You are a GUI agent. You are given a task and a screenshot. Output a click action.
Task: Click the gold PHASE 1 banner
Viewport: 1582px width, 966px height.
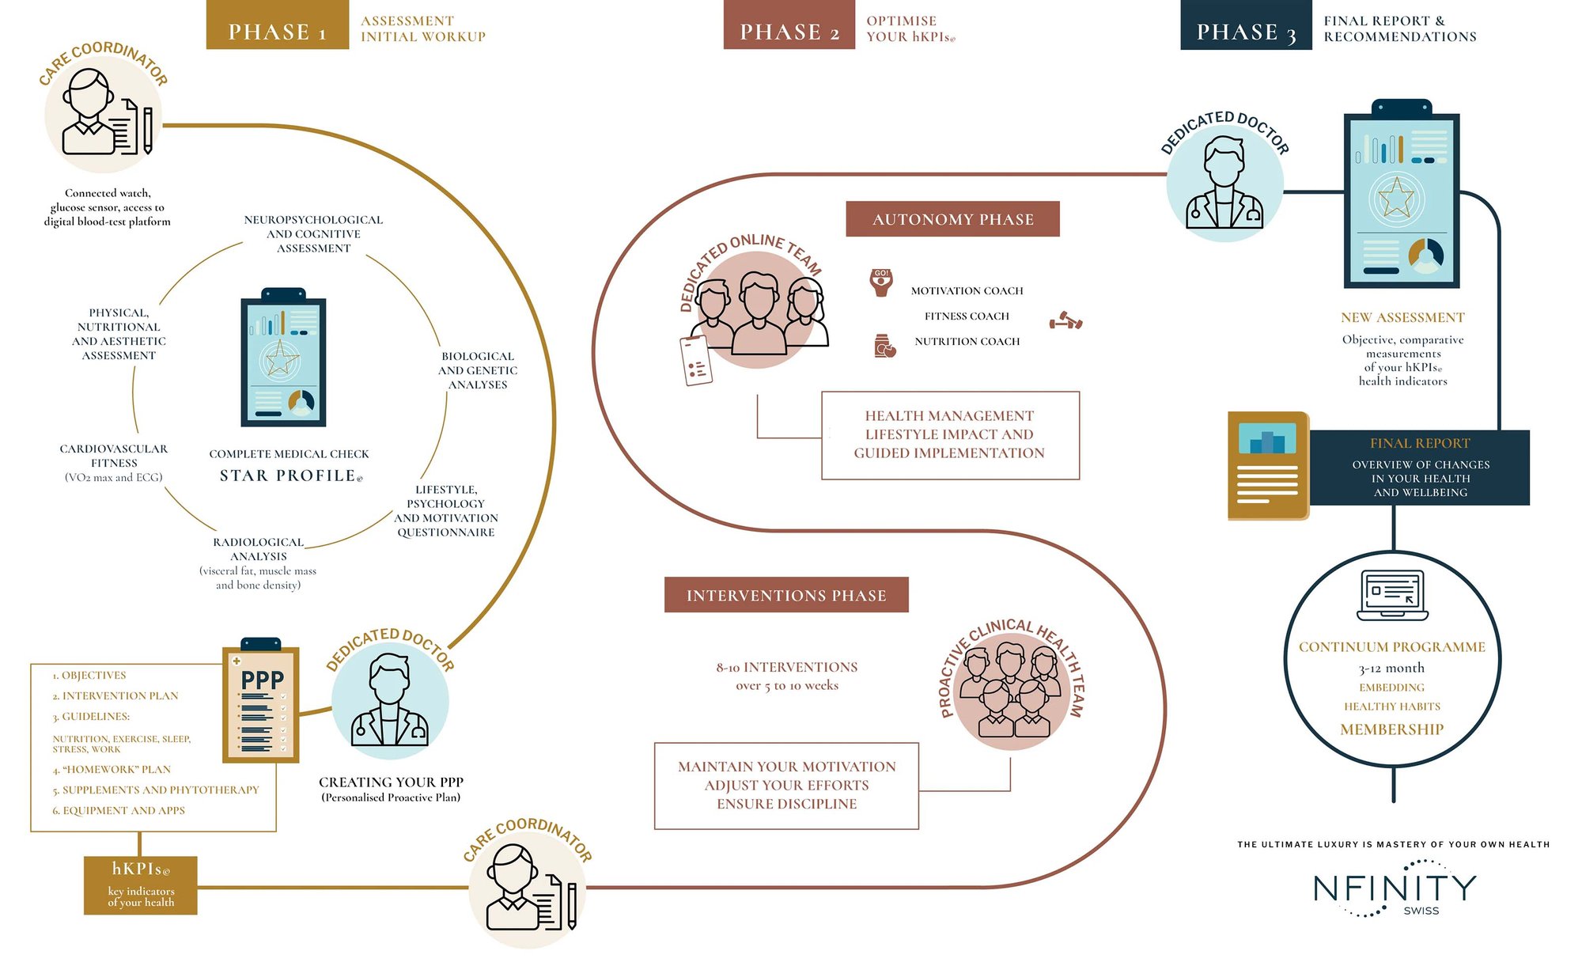coord(277,25)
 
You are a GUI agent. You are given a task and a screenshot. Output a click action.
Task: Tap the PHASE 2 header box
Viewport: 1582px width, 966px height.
coord(789,25)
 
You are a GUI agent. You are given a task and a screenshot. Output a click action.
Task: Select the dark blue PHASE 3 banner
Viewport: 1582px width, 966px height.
coord(1246,25)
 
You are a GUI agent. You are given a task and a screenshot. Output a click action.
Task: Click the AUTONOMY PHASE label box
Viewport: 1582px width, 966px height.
coord(952,219)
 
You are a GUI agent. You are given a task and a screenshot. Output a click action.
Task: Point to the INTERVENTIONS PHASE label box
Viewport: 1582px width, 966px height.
coord(786,595)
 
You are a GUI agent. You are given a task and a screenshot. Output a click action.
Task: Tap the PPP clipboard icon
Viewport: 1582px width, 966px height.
coord(261,699)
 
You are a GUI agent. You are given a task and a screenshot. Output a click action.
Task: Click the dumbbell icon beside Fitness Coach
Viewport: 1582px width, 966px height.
coord(1065,320)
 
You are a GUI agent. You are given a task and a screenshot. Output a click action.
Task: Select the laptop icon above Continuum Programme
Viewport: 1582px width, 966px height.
coord(1392,594)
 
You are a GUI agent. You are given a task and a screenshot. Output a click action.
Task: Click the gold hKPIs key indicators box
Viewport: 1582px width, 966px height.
coord(141,885)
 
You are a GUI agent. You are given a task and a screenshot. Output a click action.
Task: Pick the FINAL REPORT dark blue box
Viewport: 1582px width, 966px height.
coord(1420,468)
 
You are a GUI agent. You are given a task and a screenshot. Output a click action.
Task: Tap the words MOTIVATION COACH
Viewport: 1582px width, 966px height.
coord(967,291)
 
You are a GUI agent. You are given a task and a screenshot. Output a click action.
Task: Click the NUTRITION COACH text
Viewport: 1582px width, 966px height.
coord(967,342)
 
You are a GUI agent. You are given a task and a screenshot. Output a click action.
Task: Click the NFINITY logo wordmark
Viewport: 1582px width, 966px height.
coord(1395,888)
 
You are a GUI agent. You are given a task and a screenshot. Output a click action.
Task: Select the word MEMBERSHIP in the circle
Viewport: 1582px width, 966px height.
coord(1392,729)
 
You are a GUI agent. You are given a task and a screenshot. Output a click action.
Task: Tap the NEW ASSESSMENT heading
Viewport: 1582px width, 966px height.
coord(1402,317)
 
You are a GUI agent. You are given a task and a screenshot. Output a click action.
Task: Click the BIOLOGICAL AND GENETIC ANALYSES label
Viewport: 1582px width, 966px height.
coord(478,370)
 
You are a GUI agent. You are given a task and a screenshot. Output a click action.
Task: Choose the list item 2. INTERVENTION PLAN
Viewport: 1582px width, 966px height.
coord(115,696)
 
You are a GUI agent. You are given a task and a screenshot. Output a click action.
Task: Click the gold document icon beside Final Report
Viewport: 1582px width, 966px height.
coord(1268,465)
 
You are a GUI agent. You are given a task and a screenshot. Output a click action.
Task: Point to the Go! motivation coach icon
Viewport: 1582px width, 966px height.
coord(881,282)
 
